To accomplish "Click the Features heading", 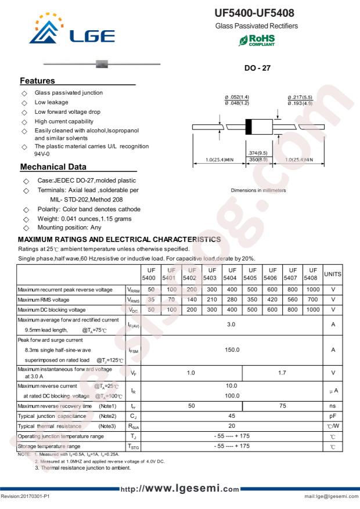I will [x=38, y=81].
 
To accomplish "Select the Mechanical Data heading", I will [x=53, y=167].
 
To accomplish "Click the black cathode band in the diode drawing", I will [x=249, y=127].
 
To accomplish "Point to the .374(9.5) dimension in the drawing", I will [x=257, y=153].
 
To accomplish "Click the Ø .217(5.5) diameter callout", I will [x=300, y=97].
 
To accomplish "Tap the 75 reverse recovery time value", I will [x=282, y=406].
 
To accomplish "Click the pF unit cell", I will [x=333, y=416].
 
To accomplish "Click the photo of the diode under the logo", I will [x=102, y=63].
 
